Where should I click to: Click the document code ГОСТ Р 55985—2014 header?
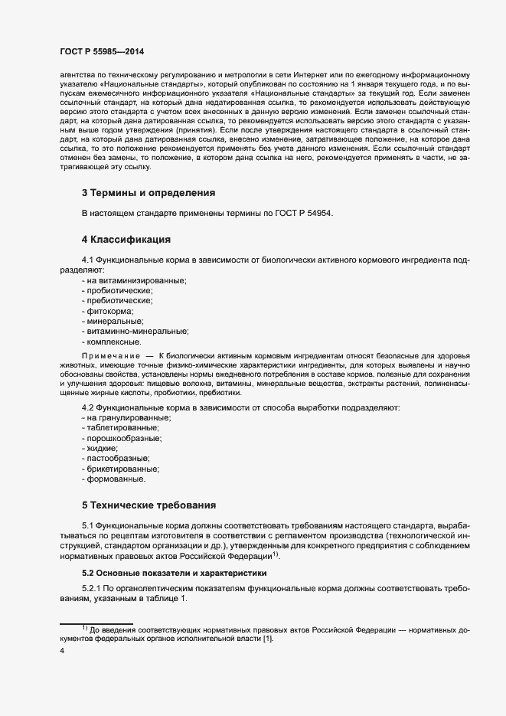coord(102,51)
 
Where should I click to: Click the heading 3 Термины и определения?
coord(148,192)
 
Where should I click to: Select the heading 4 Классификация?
coord(127,240)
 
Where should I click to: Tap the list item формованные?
coord(115,479)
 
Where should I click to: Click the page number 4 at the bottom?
coord(62,651)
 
